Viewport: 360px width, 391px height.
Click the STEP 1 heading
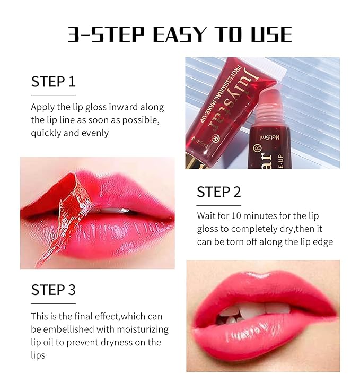(x=53, y=82)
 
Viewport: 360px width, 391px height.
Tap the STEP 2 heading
(x=218, y=192)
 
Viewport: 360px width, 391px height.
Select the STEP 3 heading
(x=53, y=290)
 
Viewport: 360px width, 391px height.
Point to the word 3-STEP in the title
(x=107, y=34)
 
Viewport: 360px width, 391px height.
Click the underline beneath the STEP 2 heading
(x=218, y=205)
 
